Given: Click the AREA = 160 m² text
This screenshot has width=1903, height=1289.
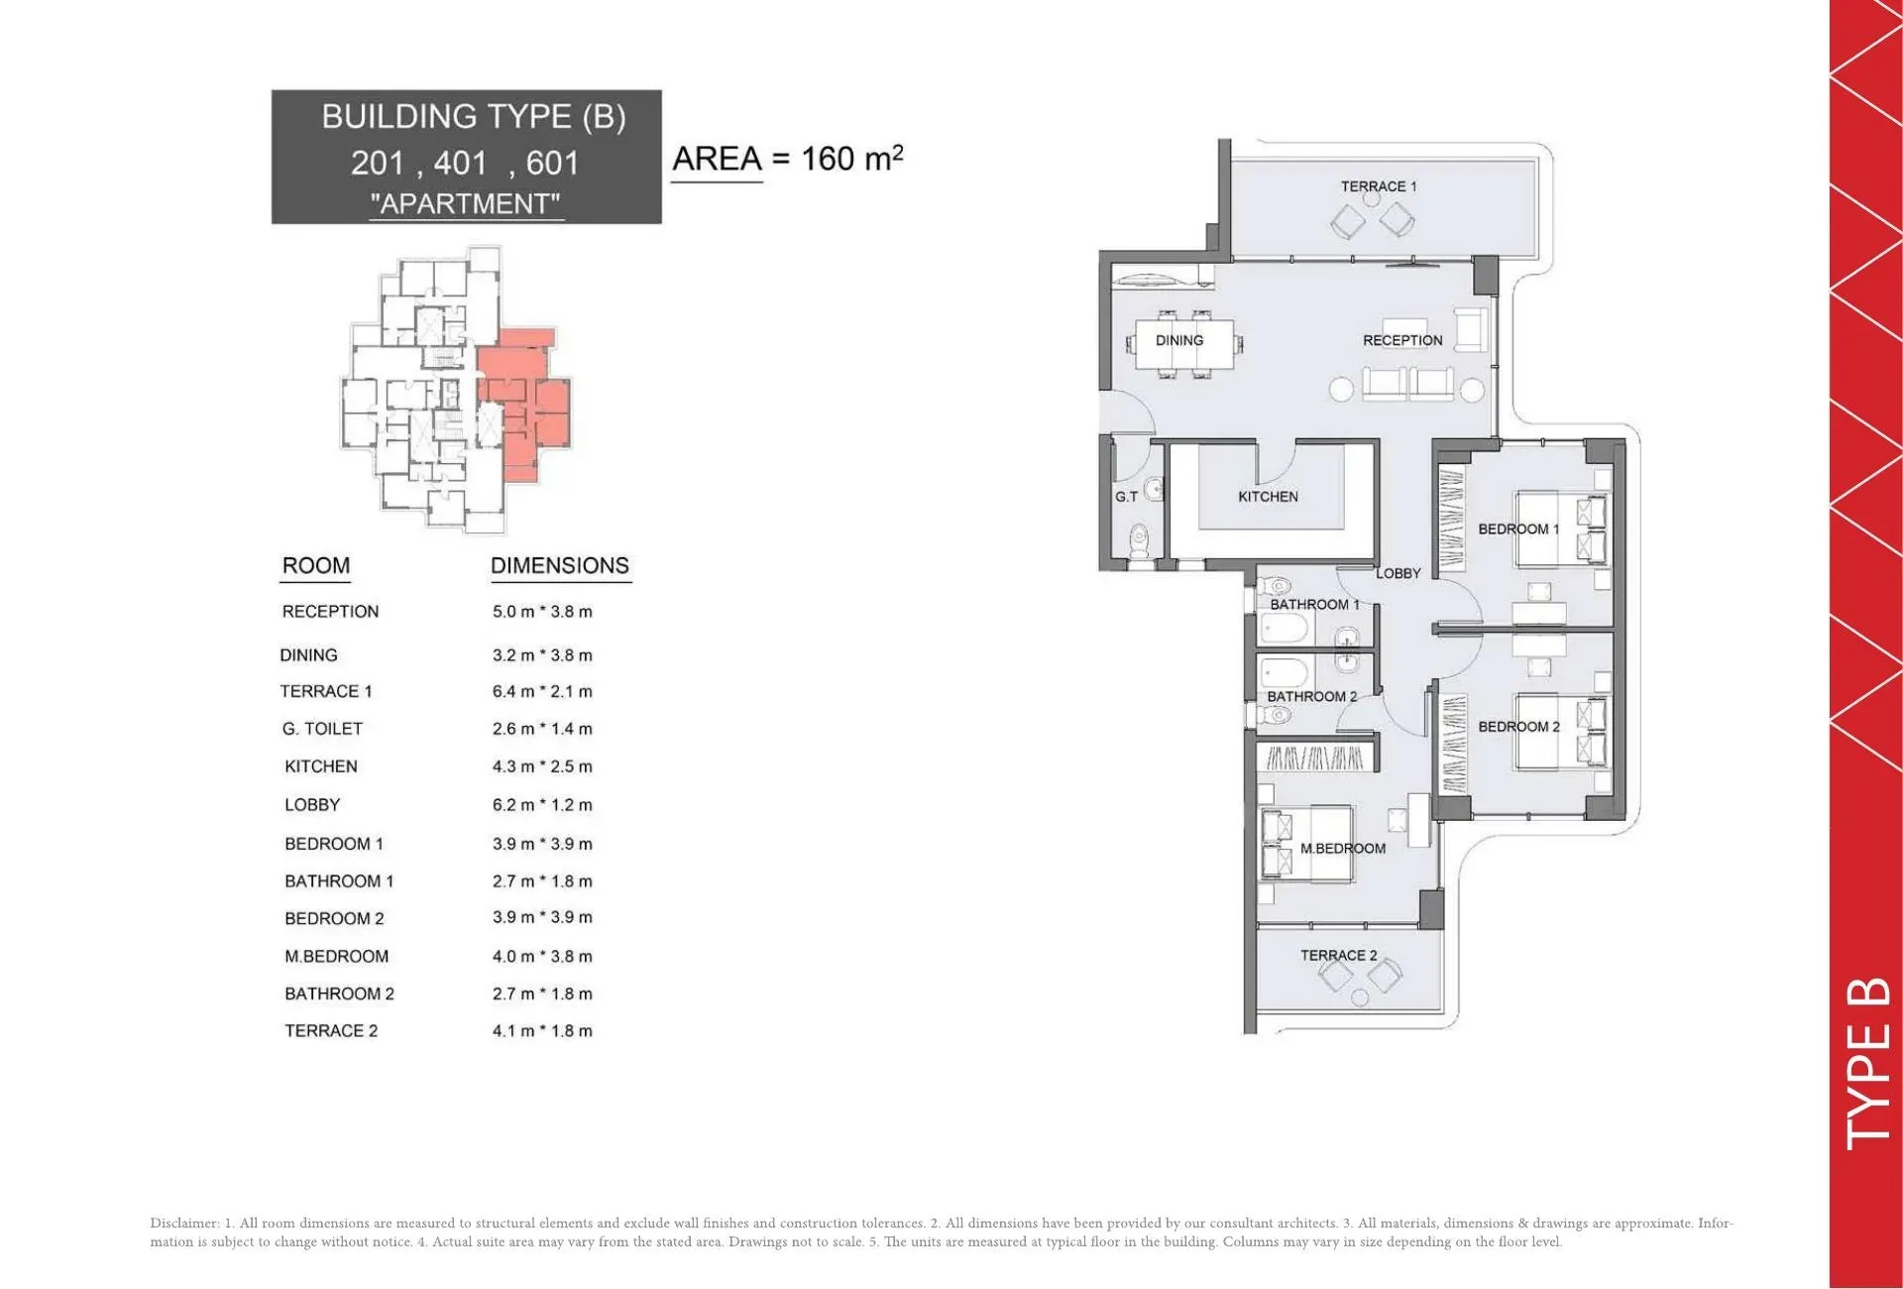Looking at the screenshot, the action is [x=788, y=159].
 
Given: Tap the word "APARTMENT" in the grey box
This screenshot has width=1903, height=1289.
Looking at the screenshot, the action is [x=465, y=204].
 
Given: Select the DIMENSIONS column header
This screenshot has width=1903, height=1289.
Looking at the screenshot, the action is [x=560, y=565].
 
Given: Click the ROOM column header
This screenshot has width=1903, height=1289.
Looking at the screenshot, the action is [x=316, y=565].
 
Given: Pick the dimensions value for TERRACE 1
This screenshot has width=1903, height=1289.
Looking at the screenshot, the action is [x=542, y=691].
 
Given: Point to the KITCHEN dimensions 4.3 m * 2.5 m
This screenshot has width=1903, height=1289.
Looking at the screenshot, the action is [x=542, y=766].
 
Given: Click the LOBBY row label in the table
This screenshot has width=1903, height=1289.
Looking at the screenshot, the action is [x=312, y=805].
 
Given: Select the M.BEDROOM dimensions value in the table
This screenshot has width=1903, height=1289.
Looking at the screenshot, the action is [x=542, y=957].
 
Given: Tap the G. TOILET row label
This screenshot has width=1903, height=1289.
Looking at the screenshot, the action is [x=322, y=729].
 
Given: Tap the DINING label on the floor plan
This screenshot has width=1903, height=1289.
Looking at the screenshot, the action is [x=1179, y=340].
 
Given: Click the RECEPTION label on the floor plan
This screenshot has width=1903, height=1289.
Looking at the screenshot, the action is [x=1402, y=340].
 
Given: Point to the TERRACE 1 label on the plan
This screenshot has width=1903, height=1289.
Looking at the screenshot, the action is [x=1379, y=186].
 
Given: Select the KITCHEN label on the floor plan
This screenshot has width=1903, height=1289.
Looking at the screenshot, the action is [x=1268, y=497].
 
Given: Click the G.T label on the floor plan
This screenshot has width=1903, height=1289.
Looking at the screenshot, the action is [x=1126, y=497].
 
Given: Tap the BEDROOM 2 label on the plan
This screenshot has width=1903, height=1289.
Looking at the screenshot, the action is [x=1518, y=727].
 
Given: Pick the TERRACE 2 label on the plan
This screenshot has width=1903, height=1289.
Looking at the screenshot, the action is [x=1338, y=956].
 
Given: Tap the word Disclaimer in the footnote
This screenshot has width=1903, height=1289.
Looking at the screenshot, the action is [x=184, y=1224].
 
